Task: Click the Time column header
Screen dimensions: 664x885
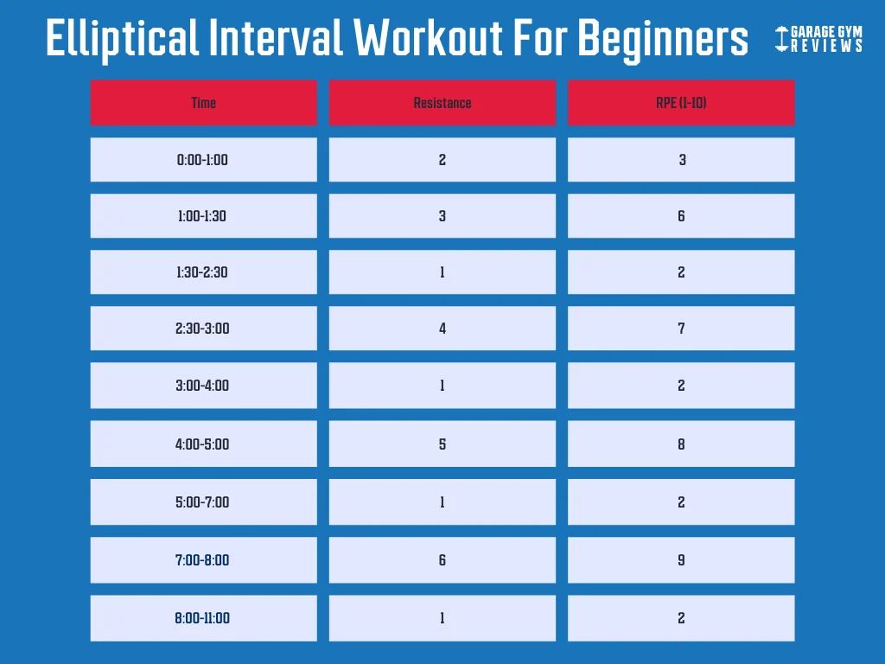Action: click(x=203, y=103)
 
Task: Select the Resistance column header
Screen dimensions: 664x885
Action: click(x=442, y=103)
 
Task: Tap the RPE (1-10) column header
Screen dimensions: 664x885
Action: click(x=681, y=103)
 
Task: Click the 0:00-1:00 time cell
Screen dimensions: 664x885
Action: click(x=203, y=160)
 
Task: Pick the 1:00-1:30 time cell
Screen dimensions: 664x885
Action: click(x=203, y=216)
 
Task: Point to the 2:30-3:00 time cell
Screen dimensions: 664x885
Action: click(x=203, y=329)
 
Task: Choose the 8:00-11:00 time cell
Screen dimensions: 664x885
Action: click(x=203, y=618)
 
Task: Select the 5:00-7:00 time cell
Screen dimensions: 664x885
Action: click(x=203, y=501)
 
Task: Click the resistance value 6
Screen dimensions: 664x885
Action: click(x=442, y=560)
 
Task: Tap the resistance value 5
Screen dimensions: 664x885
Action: click(x=442, y=444)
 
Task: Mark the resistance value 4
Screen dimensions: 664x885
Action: click(x=442, y=329)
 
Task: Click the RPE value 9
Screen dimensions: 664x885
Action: click(x=681, y=560)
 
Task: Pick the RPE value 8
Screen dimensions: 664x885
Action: click(x=681, y=444)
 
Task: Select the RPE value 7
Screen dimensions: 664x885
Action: click(x=681, y=329)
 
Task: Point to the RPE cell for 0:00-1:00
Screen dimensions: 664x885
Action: click(x=681, y=160)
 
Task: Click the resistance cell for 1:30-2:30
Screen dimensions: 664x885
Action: click(x=442, y=272)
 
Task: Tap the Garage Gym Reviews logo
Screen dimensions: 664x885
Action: click(x=818, y=39)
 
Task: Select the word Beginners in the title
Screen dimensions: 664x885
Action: click(x=663, y=39)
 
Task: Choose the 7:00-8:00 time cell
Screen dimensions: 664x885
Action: click(x=203, y=560)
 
